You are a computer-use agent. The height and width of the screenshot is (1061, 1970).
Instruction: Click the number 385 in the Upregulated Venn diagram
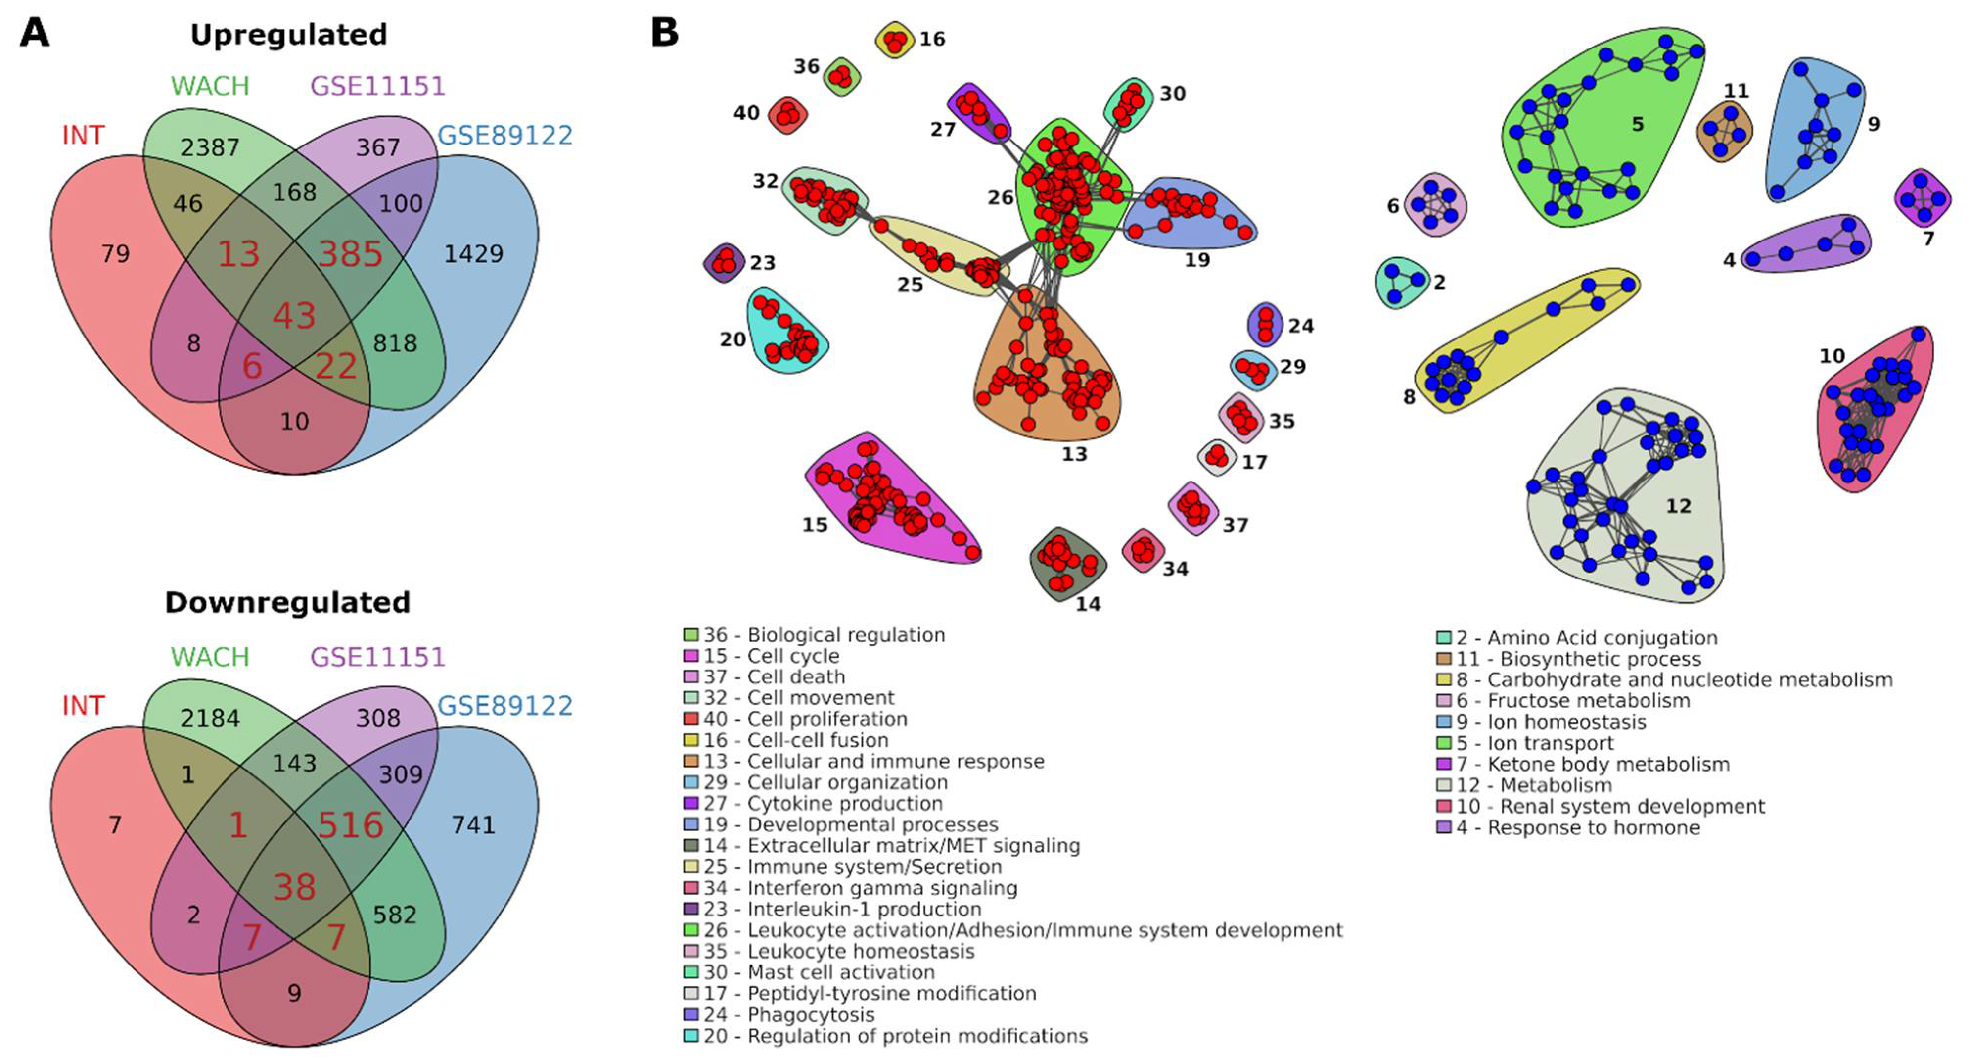350,254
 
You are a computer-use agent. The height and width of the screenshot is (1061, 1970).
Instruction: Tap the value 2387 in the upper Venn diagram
210,147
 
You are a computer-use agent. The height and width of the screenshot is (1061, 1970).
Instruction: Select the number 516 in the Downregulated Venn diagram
350,824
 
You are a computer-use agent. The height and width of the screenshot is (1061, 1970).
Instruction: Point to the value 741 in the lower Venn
473,824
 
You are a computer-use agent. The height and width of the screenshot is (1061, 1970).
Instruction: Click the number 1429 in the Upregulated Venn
473,254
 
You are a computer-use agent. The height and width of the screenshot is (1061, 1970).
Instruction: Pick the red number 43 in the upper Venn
294,316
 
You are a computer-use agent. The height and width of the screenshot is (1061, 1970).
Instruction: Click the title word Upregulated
288,35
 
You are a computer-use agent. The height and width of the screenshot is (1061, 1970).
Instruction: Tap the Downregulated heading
287,603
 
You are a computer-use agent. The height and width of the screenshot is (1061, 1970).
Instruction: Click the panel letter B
664,33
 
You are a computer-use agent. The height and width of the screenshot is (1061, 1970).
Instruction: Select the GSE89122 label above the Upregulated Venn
504,136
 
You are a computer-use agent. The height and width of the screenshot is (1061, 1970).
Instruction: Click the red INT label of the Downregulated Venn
83,705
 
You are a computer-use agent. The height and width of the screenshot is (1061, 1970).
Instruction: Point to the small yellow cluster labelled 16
895,40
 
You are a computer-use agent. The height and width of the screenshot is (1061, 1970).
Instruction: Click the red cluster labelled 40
788,115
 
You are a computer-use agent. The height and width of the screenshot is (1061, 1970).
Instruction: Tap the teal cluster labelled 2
1401,282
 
